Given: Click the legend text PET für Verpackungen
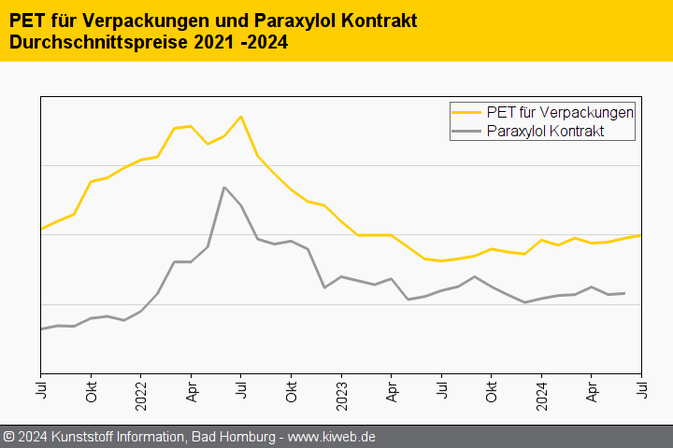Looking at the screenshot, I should click(561, 112).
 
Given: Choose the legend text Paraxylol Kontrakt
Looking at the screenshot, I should click(546, 132).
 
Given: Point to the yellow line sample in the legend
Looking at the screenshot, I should click(467, 112).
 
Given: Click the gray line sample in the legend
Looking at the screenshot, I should click(467, 132).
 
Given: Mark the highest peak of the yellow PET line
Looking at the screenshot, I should click(241, 117).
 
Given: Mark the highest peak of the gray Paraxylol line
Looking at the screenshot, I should click(224, 188).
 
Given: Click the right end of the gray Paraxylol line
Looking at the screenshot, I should click(624, 293).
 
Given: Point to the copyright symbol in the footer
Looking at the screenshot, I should click(8, 437).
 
